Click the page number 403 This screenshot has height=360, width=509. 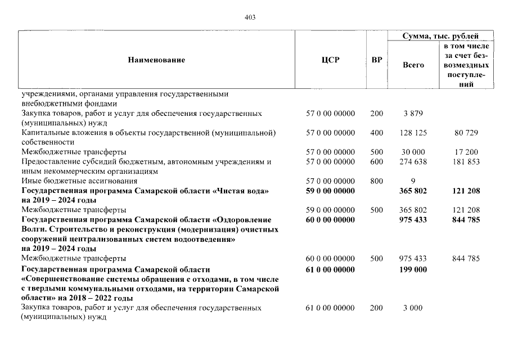[250, 17]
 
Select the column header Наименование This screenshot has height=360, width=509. [156, 60]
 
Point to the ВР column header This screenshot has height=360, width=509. [377, 60]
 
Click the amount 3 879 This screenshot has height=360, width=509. [413, 114]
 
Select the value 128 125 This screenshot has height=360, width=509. [413, 133]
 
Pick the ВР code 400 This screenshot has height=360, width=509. [377, 133]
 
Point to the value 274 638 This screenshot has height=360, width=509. [413, 162]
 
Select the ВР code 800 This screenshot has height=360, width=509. [377, 181]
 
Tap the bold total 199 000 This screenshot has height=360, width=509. [413, 269]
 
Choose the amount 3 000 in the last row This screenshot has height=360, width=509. [413, 308]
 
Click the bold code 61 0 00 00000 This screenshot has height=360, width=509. [330, 269]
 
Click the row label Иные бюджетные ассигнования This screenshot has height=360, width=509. [70, 181]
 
